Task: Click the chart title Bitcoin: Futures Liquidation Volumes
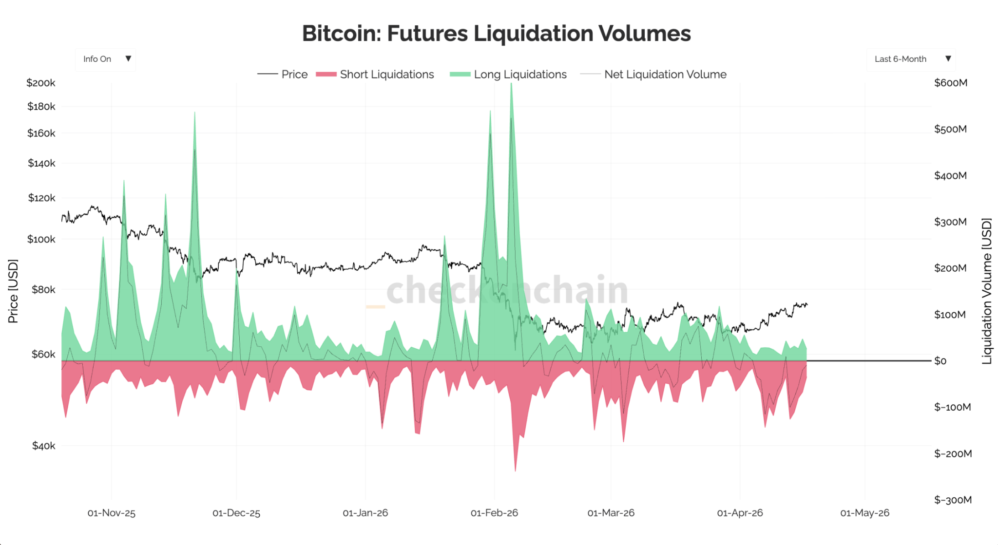pos(496,34)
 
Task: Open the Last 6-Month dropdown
pos(911,59)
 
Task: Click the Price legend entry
pos(283,75)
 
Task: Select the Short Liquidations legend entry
pos(375,75)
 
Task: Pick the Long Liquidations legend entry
pos(509,75)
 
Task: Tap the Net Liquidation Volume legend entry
pos(653,75)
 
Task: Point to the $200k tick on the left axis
pos(41,83)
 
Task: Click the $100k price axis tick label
pos(41,239)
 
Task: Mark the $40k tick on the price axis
pos(43,446)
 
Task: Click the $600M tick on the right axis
pos(950,83)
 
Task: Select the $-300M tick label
pos(953,500)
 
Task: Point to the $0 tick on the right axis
pos(940,361)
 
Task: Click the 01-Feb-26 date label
pos(494,513)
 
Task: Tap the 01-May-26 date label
pos(864,513)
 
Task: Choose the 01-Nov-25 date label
pos(111,513)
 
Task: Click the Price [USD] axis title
pos(13,291)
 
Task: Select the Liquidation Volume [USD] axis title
pos(986,291)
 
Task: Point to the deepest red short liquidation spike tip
pos(515,470)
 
